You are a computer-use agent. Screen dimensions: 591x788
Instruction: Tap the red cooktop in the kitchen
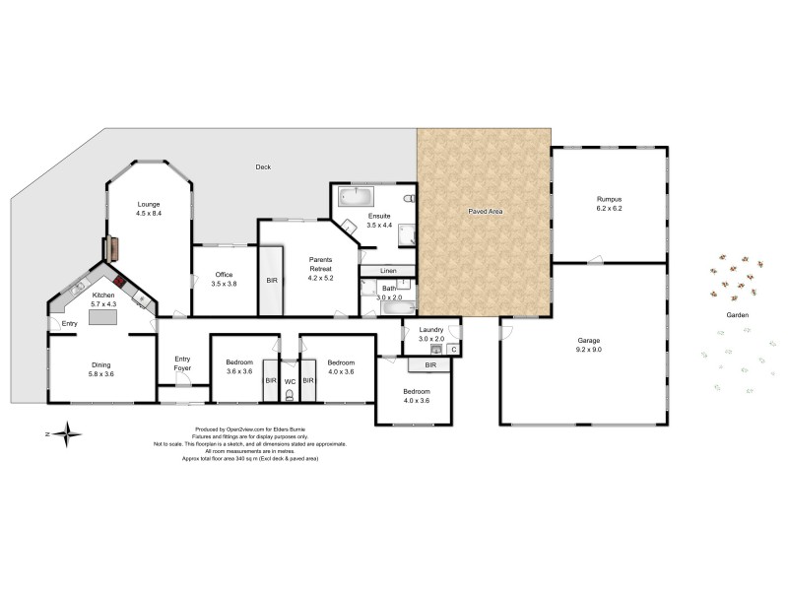point(120,279)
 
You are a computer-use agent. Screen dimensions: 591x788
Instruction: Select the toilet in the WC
point(290,395)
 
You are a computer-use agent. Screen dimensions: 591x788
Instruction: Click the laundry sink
point(436,349)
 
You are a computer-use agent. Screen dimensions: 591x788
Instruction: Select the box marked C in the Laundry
point(453,349)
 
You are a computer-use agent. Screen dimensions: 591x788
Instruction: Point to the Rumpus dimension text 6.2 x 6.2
point(609,209)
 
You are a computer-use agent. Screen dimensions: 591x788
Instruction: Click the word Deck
point(262,166)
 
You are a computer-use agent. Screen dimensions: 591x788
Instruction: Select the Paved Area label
point(482,211)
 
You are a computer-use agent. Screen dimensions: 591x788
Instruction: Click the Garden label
point(738,315)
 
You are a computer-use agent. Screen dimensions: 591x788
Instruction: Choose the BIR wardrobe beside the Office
point(272,280)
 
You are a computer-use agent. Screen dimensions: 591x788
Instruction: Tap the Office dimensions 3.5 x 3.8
point(225,284)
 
